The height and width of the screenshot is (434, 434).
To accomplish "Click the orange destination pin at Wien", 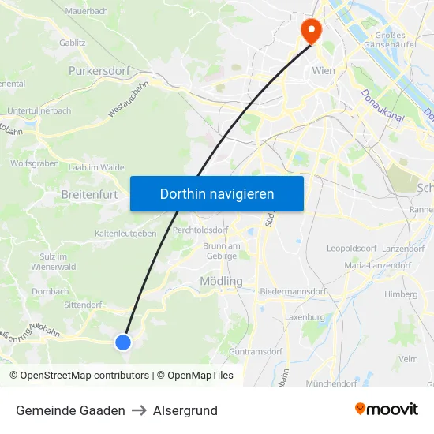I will point(312,30).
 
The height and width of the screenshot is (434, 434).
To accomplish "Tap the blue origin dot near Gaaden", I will point(122,342).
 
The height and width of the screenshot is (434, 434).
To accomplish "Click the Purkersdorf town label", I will point(99,70).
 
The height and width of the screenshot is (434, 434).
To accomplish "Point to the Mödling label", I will point(221,281).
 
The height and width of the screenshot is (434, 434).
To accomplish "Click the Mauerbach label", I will point(86,11).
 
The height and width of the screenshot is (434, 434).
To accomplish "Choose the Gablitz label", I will point(73,43).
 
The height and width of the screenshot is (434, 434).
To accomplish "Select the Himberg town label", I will point(401,294).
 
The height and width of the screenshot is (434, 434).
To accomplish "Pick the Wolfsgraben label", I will point(35,163).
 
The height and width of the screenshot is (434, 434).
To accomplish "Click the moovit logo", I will point(386,410).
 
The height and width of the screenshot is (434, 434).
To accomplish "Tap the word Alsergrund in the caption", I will point(185,410).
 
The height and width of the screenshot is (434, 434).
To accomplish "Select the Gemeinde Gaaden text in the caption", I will point(70,410).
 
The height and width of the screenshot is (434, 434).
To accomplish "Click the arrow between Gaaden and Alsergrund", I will point(139,410).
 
